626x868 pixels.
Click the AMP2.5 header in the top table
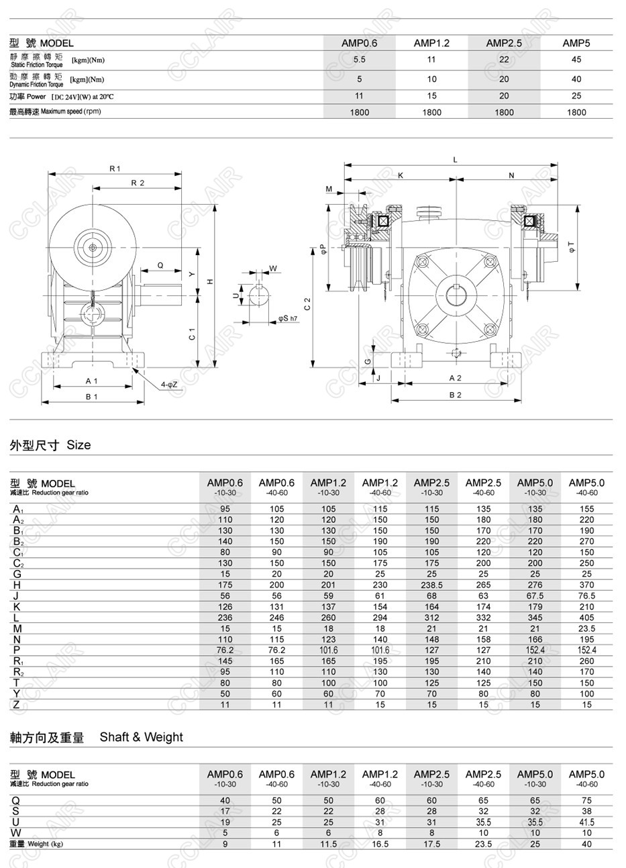point(504,43)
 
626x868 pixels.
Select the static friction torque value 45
point(576,59)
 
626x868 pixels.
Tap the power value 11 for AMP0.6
point(359,96)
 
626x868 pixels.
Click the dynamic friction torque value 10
point(431,79)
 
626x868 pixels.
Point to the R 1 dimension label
point(115,168)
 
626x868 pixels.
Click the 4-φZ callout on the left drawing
point(169,384)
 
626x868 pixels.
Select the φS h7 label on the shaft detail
point(287,318)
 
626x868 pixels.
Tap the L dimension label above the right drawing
point(456,160)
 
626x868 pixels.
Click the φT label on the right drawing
point(570,246)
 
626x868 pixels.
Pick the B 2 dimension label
point(455,395)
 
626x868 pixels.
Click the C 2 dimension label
point(307,303)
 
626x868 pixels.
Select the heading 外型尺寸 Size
point(50,445)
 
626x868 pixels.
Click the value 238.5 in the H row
point(431,585)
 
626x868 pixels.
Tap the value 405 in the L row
point(586,618)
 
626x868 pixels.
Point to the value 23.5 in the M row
point(586,628)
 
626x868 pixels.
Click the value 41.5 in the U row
point(586,822)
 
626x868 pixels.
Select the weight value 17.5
point(431,844)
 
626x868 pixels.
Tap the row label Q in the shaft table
point(17,800)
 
